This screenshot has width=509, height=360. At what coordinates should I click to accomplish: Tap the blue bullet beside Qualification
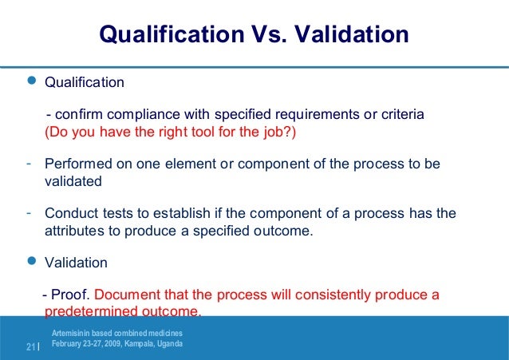tap(32, 81)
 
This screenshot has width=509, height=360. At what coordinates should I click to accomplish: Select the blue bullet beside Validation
tap(32, 261)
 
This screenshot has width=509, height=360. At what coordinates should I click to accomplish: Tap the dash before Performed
tap(28, 164)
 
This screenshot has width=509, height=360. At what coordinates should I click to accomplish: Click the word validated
tap(73, 181)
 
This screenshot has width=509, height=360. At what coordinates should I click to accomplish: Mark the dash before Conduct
tap(28, 213)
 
